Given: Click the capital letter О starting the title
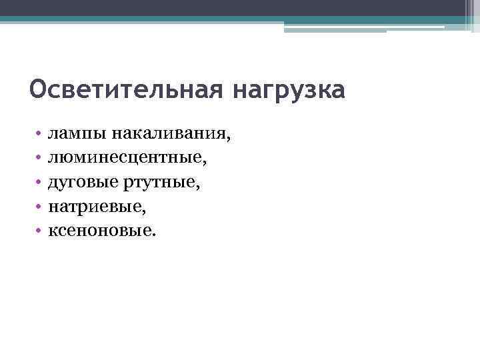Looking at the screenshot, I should (37, 89).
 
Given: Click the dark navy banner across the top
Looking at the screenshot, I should (240, 8).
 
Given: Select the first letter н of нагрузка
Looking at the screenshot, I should (239, 92).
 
